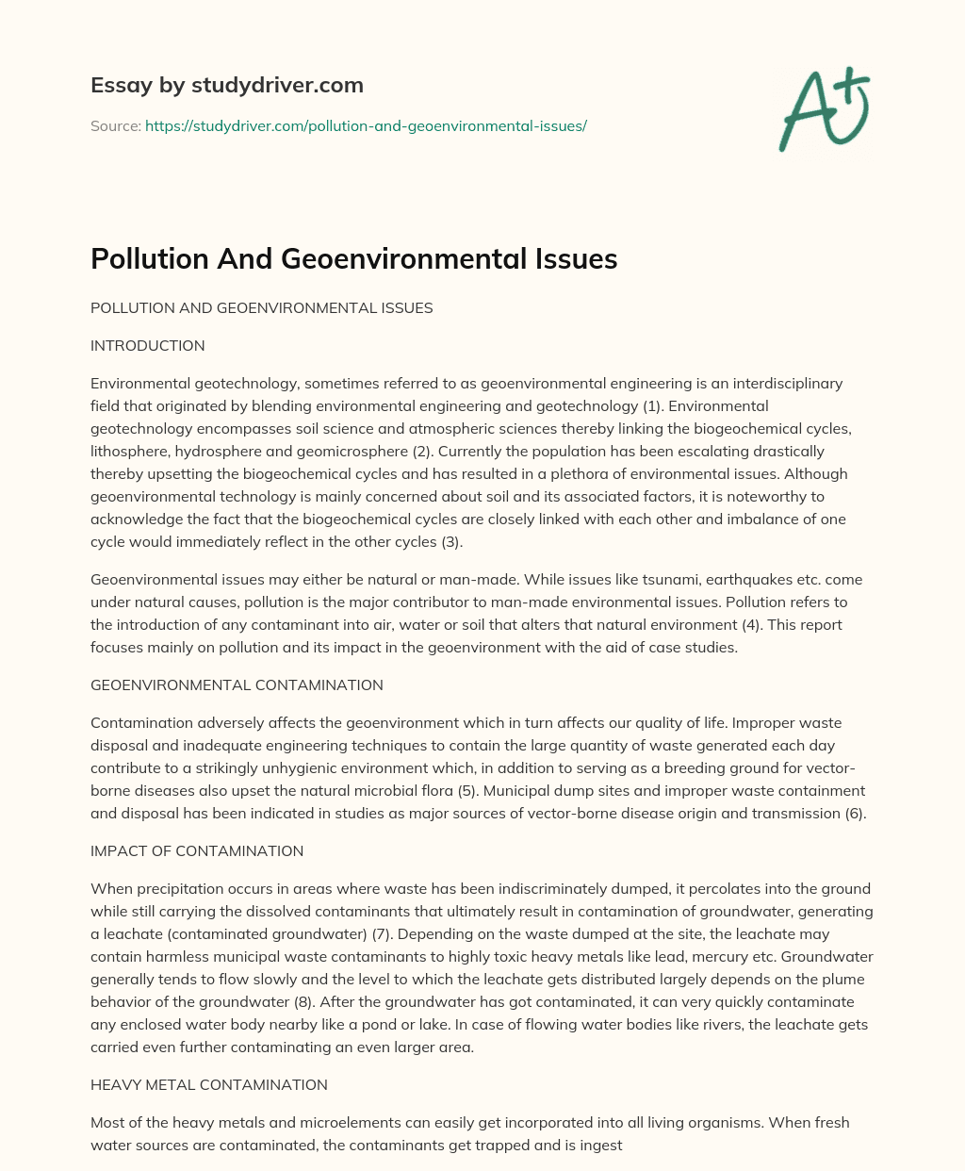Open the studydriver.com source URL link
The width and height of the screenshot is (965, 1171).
[366, 125]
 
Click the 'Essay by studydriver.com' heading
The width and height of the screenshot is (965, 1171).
[226, 85]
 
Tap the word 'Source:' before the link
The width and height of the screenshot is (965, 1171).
[115, 125]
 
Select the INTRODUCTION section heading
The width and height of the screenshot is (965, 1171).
[147, 346]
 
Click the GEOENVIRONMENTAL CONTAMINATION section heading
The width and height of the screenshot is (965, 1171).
[237, 685]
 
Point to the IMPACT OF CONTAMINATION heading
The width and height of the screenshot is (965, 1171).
[197, 851]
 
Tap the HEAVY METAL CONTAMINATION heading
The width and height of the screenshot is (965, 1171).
[209, 1085]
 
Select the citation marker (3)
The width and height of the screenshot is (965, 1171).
[451, 542]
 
